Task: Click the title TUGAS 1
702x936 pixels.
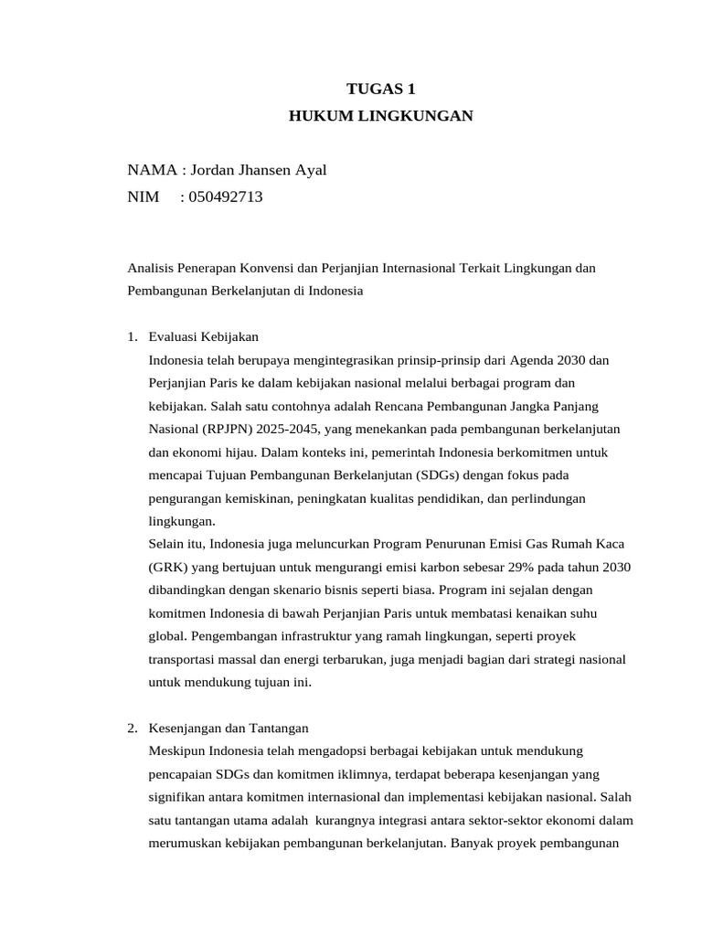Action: [x=381, y=89]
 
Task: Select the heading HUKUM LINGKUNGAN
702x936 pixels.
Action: [x=381, y=116]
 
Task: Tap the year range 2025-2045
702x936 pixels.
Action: [x=289, y=430]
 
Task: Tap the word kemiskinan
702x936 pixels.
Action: [x=246, y=498]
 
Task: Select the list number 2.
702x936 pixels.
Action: [x=133, y=729]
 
